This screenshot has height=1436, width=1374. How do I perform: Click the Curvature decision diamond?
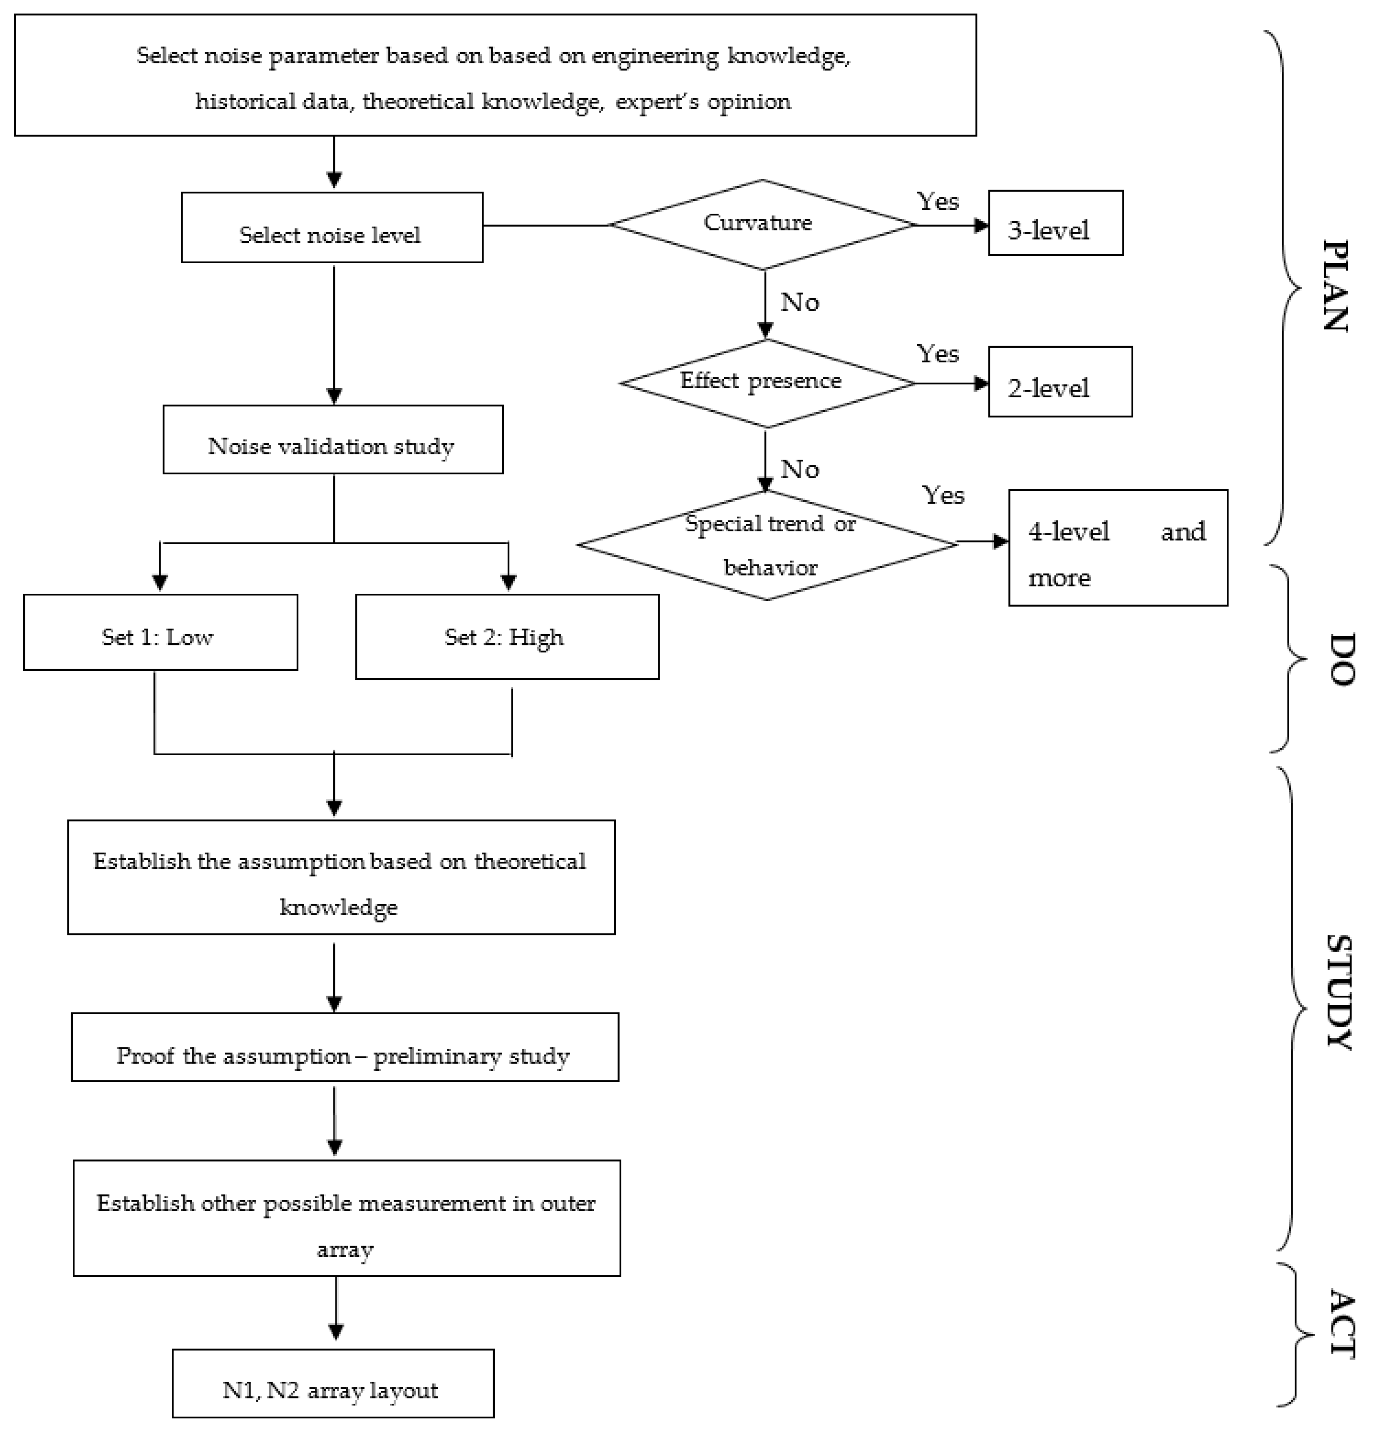(x=762, y=224)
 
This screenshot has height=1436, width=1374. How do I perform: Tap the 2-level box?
(x=1059, y=382)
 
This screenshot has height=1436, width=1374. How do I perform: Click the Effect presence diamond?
(x=766, y=383)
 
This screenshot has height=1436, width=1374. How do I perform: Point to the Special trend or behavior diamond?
(x=768, y=544)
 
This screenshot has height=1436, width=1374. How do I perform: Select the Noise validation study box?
(x=332, y=439)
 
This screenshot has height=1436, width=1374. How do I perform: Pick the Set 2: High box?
(x=507, y=637)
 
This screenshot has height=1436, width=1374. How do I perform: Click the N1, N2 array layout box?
(x=332, y=1383)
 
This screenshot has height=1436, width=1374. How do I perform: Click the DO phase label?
(x=1340, y=659)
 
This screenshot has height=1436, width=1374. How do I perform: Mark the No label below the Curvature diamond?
(x=799, y=302)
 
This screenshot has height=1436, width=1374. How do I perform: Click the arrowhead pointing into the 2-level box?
(x=981, y=383)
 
